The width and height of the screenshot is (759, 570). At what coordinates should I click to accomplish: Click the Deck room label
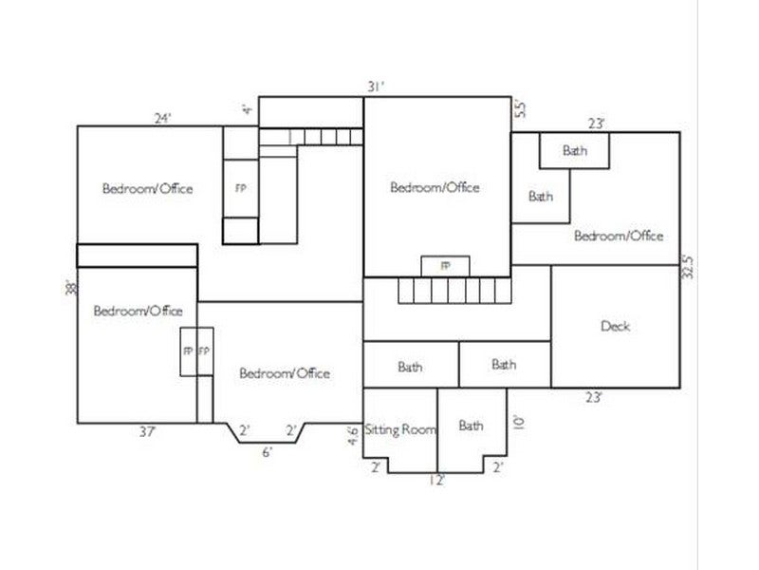(x=615, y=326)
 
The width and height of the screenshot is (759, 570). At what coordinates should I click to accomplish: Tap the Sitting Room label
(x=400, y=429)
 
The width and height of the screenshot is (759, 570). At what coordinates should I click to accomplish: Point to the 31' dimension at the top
(x=376, y=86)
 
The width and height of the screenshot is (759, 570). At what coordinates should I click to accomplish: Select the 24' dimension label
(x=162, y=118)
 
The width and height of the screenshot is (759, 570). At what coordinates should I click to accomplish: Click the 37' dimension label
(x=148, y=431)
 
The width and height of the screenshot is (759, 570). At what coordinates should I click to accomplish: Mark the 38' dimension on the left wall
(x=72, y=288)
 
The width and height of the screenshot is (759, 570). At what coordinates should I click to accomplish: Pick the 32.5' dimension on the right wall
(x=688, y=267)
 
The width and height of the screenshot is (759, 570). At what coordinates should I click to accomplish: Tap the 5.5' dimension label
(x=519, y=108)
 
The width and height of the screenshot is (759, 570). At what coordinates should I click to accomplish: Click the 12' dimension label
(x=436, y=481)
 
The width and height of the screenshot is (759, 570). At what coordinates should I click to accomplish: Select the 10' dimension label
(x=518, y=422)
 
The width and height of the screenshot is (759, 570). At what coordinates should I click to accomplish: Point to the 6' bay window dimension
(x=268, y=452)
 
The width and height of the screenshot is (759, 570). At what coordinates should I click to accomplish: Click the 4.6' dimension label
(x=354, y=435)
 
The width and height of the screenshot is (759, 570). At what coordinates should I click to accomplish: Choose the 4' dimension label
(x=248, y=109)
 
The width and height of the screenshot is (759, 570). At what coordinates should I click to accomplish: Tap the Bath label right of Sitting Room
(x=471, y=426)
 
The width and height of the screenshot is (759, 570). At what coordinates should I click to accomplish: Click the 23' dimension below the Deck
(x=594, y=397)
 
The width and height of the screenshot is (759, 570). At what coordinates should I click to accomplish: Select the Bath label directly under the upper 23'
(x=575, y=150)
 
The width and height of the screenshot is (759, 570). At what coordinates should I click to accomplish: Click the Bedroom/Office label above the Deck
(x=619, y=236)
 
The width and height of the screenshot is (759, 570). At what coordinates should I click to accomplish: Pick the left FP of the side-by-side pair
(x=188, y=351)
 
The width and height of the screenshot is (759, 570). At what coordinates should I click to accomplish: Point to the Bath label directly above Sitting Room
(x=410, y=367)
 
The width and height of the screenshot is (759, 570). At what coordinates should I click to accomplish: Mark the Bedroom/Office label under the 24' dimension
(x=148, y=188)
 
